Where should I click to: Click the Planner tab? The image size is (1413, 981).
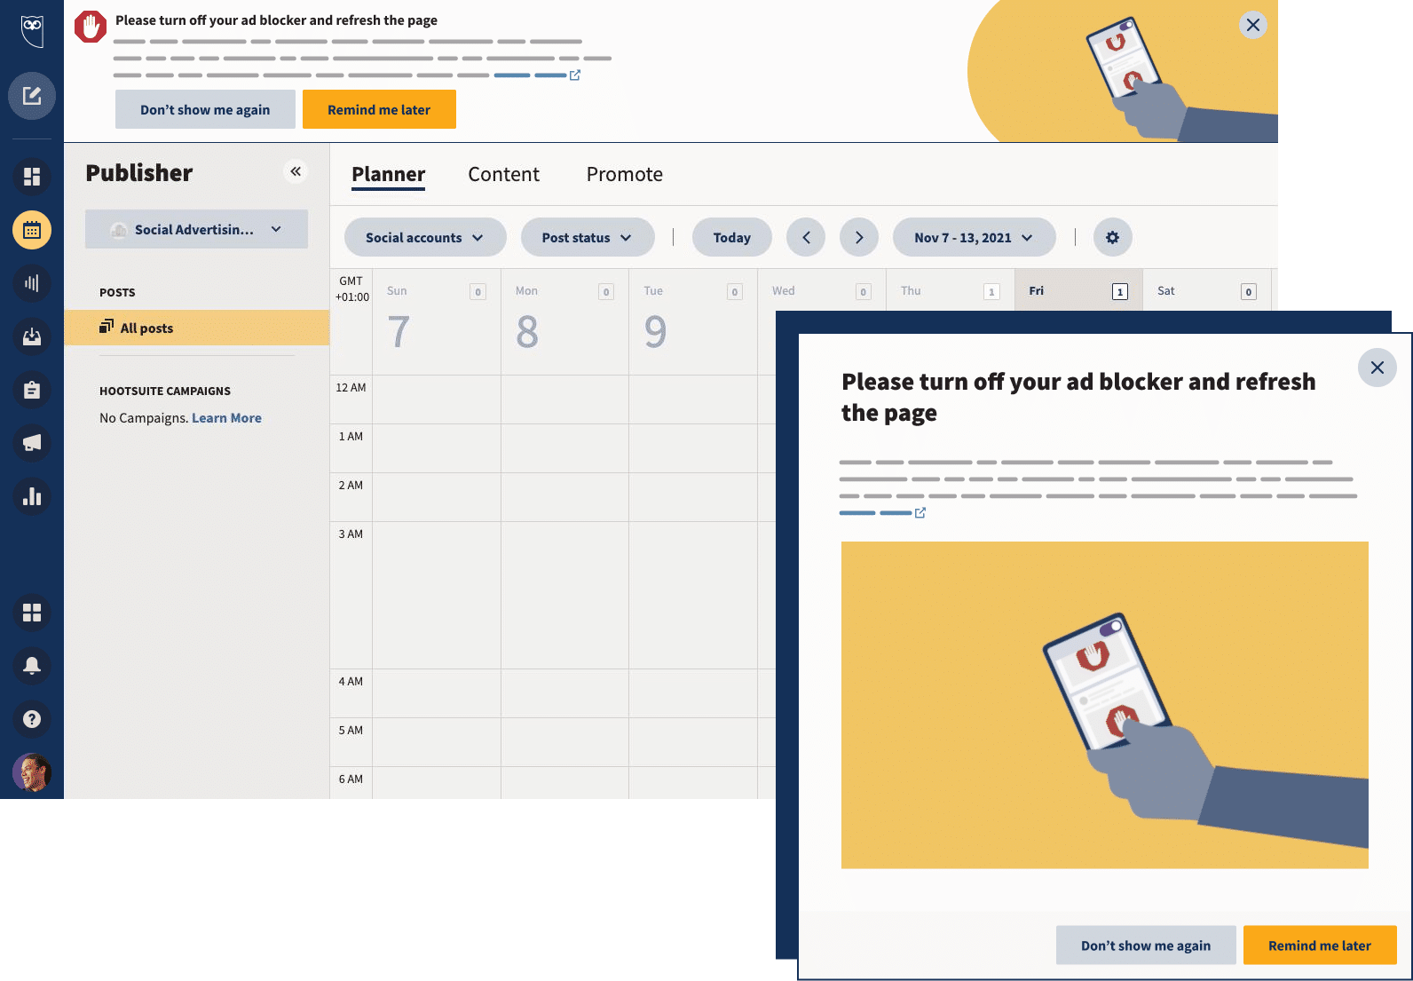388,174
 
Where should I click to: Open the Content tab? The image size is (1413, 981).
503,174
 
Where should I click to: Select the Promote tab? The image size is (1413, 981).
625,174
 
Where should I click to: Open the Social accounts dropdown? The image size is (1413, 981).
424,237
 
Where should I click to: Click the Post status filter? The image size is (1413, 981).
587,237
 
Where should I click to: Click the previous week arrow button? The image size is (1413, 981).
806,237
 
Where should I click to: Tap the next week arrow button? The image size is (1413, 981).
858,237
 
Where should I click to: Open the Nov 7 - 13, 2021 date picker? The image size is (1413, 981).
974,237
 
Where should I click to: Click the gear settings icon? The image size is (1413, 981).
1112,237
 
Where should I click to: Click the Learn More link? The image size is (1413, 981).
226,417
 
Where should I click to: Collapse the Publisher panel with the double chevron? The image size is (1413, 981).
296,171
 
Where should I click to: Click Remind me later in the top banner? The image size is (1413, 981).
379,109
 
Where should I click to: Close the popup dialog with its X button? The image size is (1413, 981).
1377,368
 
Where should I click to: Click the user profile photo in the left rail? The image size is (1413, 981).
32,772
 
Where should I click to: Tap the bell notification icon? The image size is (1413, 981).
32,666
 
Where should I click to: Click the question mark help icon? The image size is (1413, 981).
32,719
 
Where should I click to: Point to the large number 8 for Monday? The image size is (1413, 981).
526,332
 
